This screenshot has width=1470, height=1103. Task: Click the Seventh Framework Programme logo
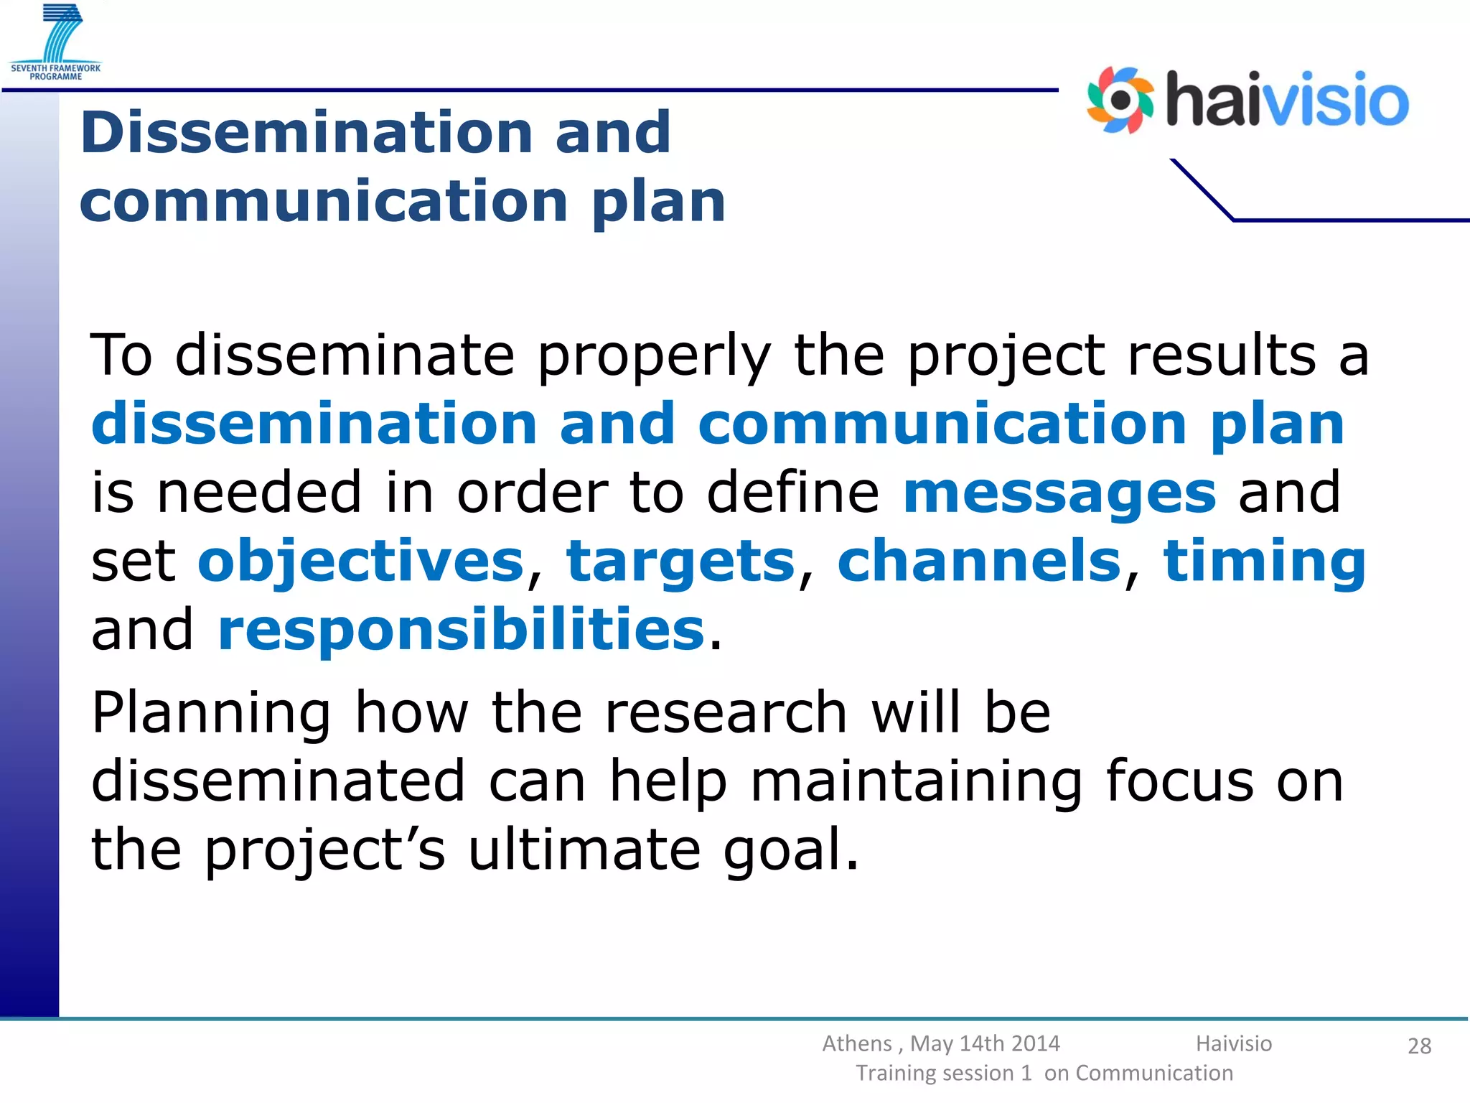coord(56,42)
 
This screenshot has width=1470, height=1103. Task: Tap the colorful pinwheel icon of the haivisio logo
coord(1119,101)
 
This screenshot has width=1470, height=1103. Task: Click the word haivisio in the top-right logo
coord(1287,101)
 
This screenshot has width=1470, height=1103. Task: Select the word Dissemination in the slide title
coord(306,133)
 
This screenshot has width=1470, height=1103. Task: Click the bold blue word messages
coord(1059,493)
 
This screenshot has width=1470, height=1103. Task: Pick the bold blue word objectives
coord(361,562)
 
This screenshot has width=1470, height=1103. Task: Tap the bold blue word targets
coord(680,562)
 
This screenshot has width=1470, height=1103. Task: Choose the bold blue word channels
coord(979,562)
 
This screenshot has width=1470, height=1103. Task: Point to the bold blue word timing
coord(1264,562)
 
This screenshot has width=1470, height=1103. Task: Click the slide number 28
coord(1419,1046)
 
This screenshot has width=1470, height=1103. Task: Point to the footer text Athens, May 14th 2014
coord(940,1043)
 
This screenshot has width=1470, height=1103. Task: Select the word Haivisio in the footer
coord(1233,1043)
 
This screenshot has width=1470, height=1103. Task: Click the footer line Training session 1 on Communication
coord(1044,1073)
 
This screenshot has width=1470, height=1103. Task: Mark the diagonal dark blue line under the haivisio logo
coord(1202,189)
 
